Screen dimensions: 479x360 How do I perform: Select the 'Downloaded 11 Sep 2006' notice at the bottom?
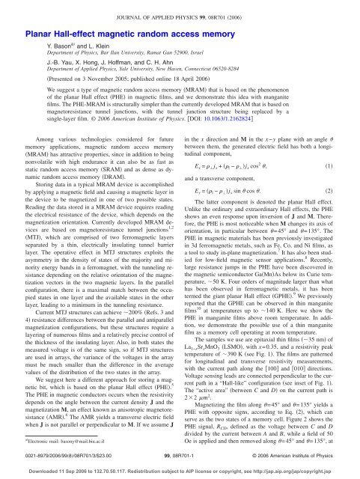pyautogui.click(x=180, y=466)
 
